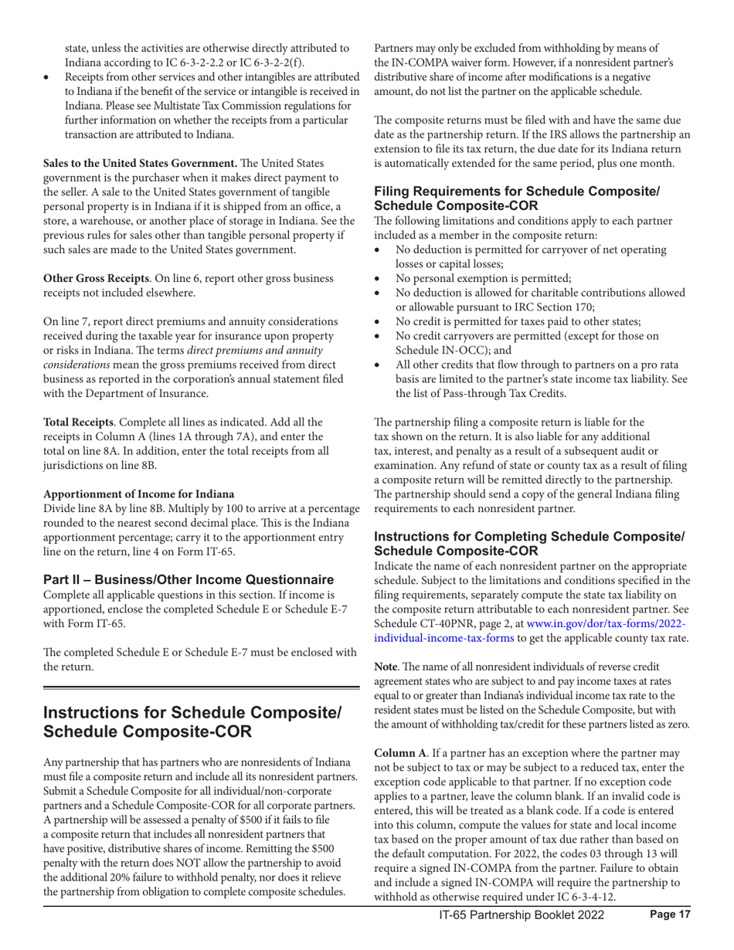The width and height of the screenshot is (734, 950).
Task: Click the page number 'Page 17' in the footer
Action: click(x=668, y=938)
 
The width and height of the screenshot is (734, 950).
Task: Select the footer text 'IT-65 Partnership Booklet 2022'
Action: click(x=522, y=938)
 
